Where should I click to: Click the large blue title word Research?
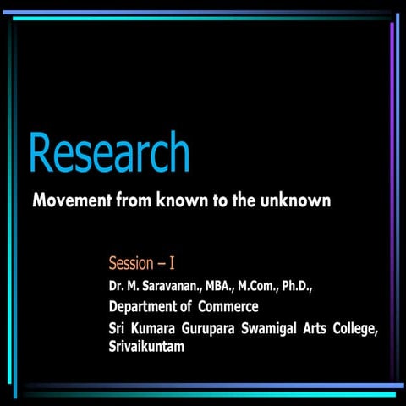click(x=108, y=154)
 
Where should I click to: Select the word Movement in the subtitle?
click(x=69, y=203)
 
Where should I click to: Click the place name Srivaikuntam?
click(x=146, y=347)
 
